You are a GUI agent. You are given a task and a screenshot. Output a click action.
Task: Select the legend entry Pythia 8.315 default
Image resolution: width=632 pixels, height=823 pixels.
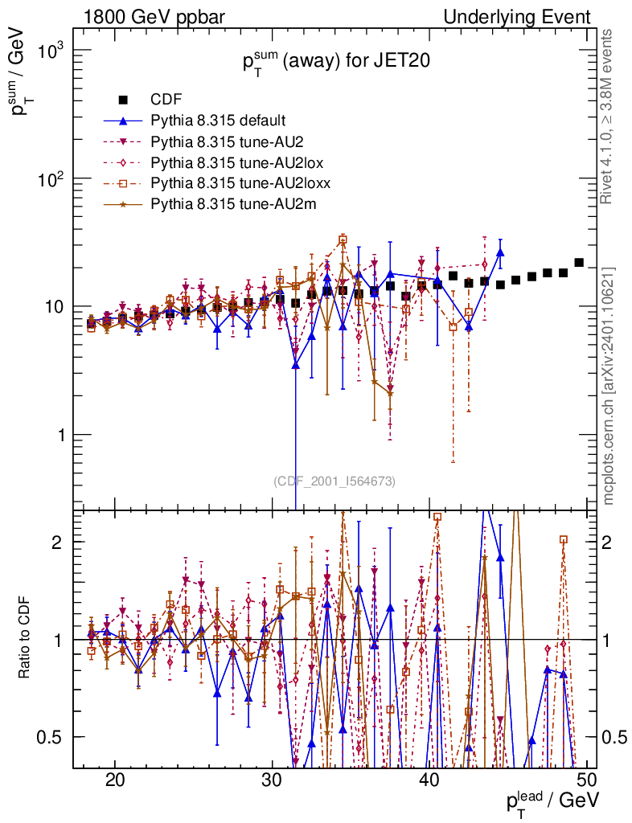(218, 121)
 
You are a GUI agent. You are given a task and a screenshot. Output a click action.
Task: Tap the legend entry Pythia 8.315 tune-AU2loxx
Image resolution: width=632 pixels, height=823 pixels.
(232, 183)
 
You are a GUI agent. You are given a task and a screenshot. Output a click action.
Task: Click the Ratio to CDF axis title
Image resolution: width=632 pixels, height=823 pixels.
(26, 639)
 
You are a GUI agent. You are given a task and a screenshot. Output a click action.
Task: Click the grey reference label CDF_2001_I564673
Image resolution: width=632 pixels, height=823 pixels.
(334, 481)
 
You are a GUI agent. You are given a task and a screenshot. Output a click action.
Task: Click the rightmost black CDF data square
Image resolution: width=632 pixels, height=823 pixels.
(579, 263)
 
